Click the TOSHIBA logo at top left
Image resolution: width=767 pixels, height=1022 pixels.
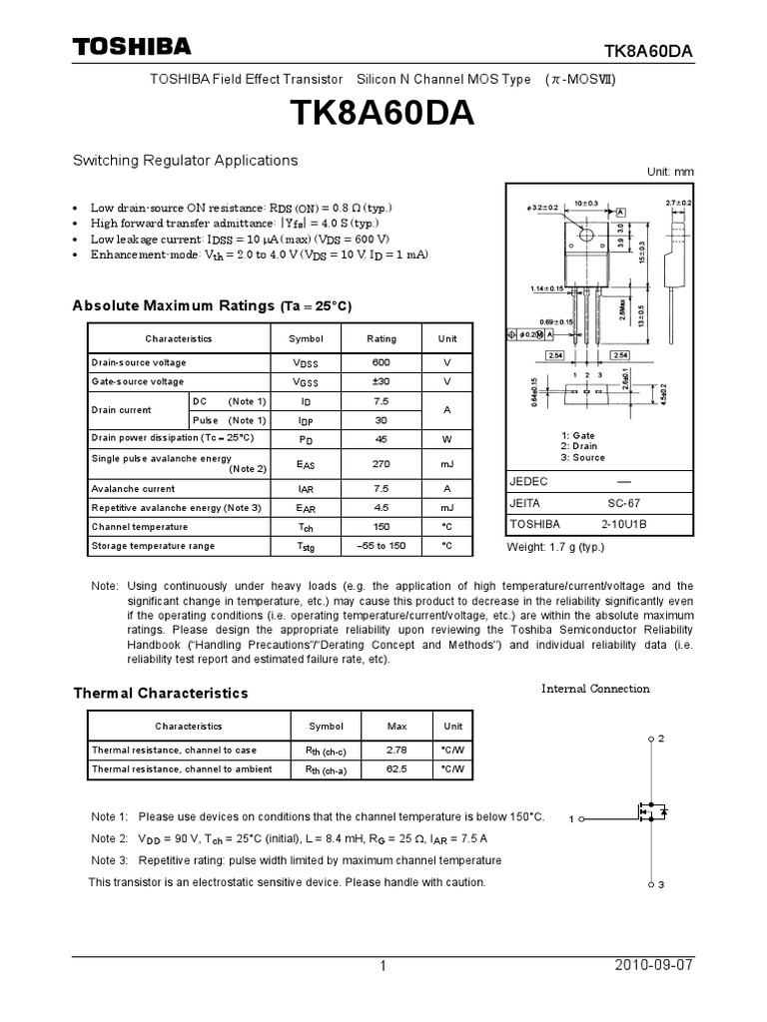[131, 47]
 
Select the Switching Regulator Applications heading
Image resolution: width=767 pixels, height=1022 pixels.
[185, 160]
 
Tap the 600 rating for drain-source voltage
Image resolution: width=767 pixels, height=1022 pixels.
[381, 362]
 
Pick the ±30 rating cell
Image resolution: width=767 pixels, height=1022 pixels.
[381, 381]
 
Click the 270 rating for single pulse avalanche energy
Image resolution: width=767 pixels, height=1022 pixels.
[381, 463]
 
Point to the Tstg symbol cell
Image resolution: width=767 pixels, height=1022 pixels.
[306, 546]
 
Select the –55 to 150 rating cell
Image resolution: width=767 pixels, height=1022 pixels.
[381, 546]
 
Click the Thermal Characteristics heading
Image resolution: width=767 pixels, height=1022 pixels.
[160, 693]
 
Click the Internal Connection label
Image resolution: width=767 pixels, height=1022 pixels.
[595, 689]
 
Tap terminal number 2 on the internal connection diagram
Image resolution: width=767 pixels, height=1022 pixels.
[660, 739]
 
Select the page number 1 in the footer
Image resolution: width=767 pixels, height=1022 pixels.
[382, 966]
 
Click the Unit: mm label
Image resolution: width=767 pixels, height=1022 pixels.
[670, 172]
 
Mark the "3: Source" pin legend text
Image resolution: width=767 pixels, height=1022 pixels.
[583, 458]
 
